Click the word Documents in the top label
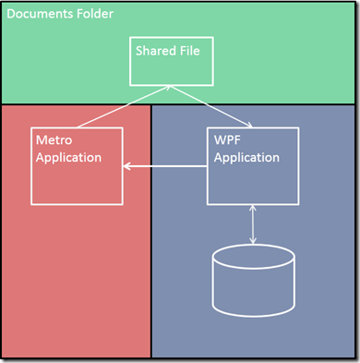(39, 17)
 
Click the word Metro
(53, 140)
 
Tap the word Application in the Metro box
(68, 157)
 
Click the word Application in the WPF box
(246, 157)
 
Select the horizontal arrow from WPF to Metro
(166, 166)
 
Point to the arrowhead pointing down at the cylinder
(252, 243)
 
